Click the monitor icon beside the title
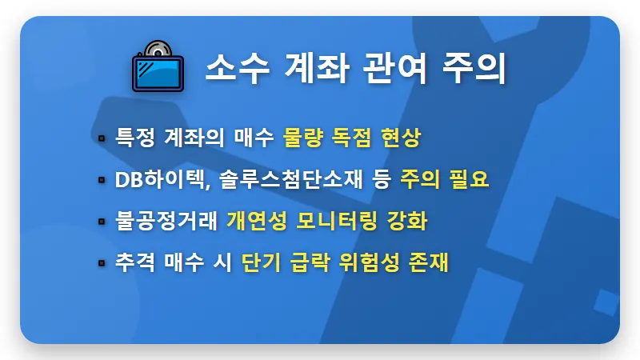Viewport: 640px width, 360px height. click(x=157, y=66)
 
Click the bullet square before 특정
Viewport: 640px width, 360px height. click(x=102, y=138)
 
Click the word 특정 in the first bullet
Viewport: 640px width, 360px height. click(x=134, y=138)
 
